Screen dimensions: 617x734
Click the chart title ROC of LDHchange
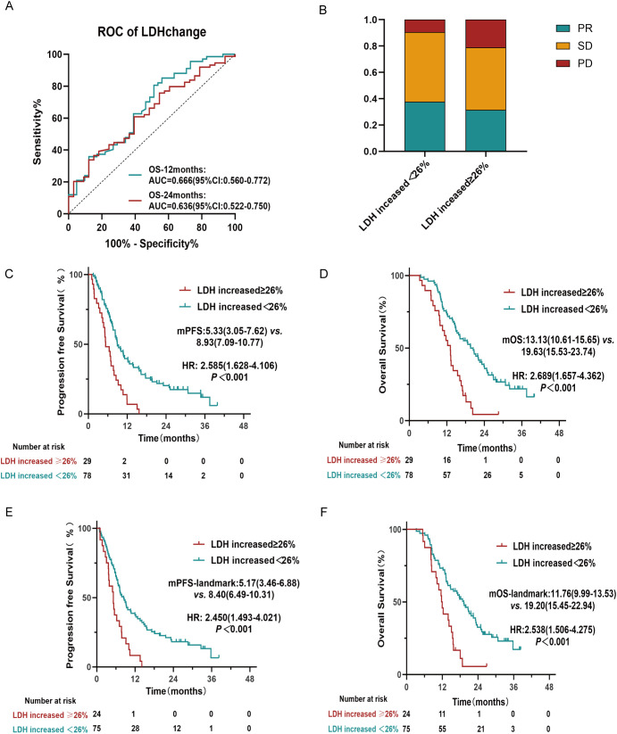pyautogui.click(x=152, y=32)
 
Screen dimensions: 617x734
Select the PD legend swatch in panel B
pyautogui.click(x=563, y=63)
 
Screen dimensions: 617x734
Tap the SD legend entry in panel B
pyautogui.click(x=574, y=45)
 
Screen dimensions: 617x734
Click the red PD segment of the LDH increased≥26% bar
pyautogui.click(x=486, y=34)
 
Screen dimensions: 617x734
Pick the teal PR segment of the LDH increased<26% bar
pyautogui.click(x=425, y=127)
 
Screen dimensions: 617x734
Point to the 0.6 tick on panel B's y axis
pyautogui.click(x=371, y=72)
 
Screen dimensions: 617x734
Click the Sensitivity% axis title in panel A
pyautogui.click(x=37, y=131)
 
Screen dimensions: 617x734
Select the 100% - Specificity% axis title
pyautogui.click(x=151, y=243)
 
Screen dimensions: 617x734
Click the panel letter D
pyautogui.click(x=323, y=274)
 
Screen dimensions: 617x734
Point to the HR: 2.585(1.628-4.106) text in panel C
pyautogui.click(x=229, y=366)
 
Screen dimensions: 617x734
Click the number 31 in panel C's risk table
pyautogui.click(x=126, y=475)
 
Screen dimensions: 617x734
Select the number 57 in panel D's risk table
pyautogui.click(x=447, y=475)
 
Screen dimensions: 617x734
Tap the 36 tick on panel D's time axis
pyautogui.click(x=521, y=433)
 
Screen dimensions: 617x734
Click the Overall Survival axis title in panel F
pyautogui.click(x=381, y=599)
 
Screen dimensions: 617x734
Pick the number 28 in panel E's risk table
pyautogui.click(x=135, y=729)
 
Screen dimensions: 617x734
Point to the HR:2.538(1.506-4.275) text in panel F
pyautogui.click(x=553, y=630)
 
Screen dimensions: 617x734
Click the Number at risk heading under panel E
pyautogui.click(x=50, y=701)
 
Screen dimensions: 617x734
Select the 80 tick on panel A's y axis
pyautogui.click(x=57, y=87)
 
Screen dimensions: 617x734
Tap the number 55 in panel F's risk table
pyautogui.click(x=442, y=729)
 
